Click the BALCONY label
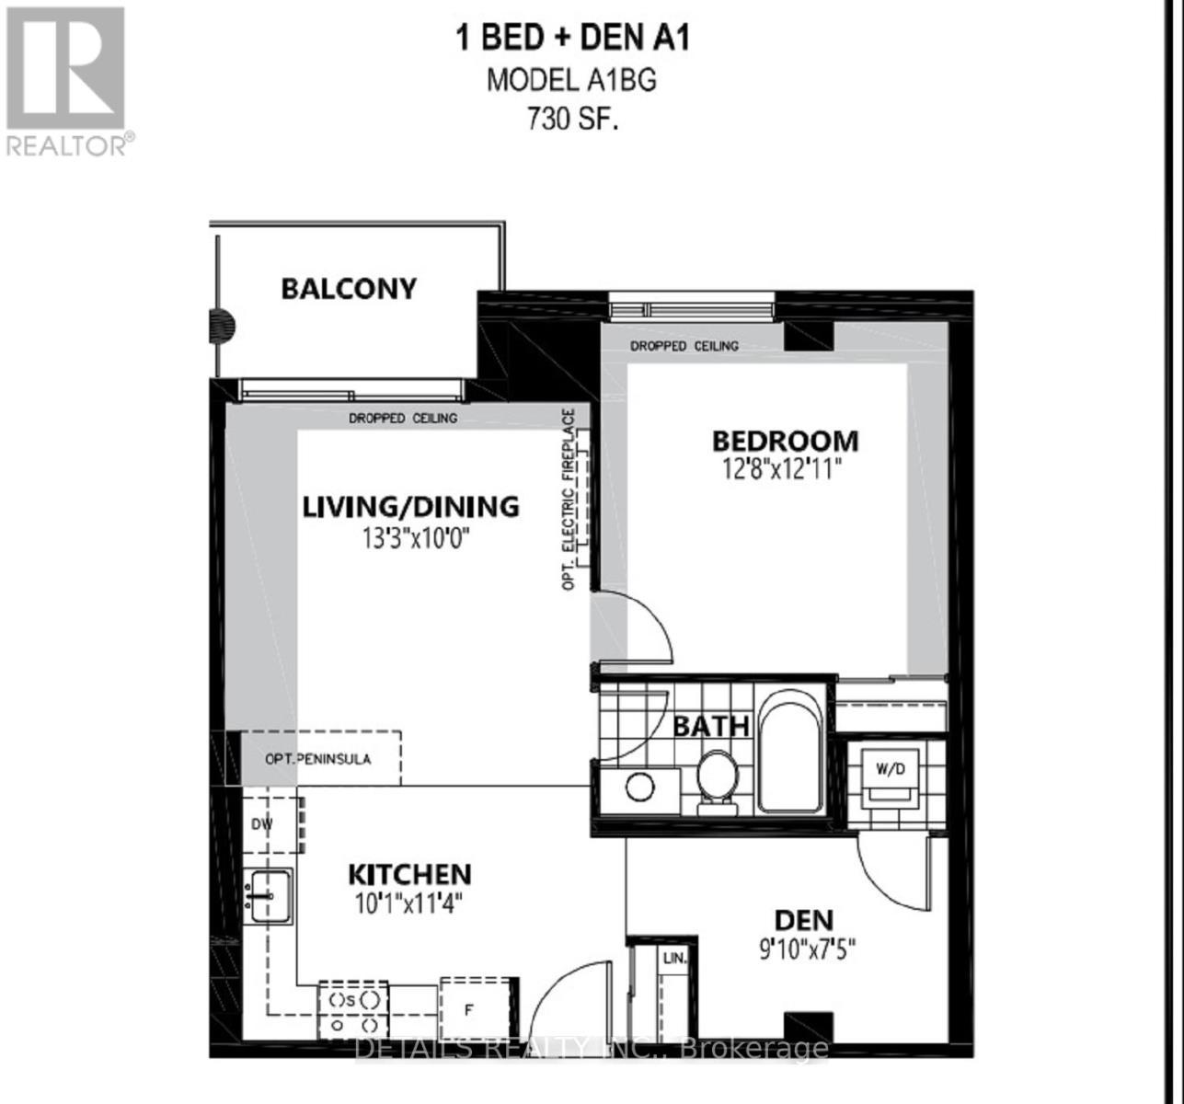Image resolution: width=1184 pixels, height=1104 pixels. coord(349,289)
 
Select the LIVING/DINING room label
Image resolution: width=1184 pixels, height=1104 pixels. coord(411,506)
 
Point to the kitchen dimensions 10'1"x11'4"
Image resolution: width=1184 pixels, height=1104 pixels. coord(409,903)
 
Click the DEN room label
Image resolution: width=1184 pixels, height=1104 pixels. coord(803,919)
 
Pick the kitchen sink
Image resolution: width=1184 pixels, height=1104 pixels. coord(268,895)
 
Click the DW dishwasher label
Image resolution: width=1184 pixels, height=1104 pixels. coord(262,824)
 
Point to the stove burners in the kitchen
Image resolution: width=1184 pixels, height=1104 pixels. coord(353,1010)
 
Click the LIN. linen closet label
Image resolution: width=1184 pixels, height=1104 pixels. coord(674,959)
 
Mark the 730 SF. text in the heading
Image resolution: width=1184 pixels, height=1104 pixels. coord(571,121)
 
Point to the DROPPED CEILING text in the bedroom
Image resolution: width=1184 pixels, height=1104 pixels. coord(684,346)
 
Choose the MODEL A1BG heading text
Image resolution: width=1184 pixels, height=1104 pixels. coord(571,80)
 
